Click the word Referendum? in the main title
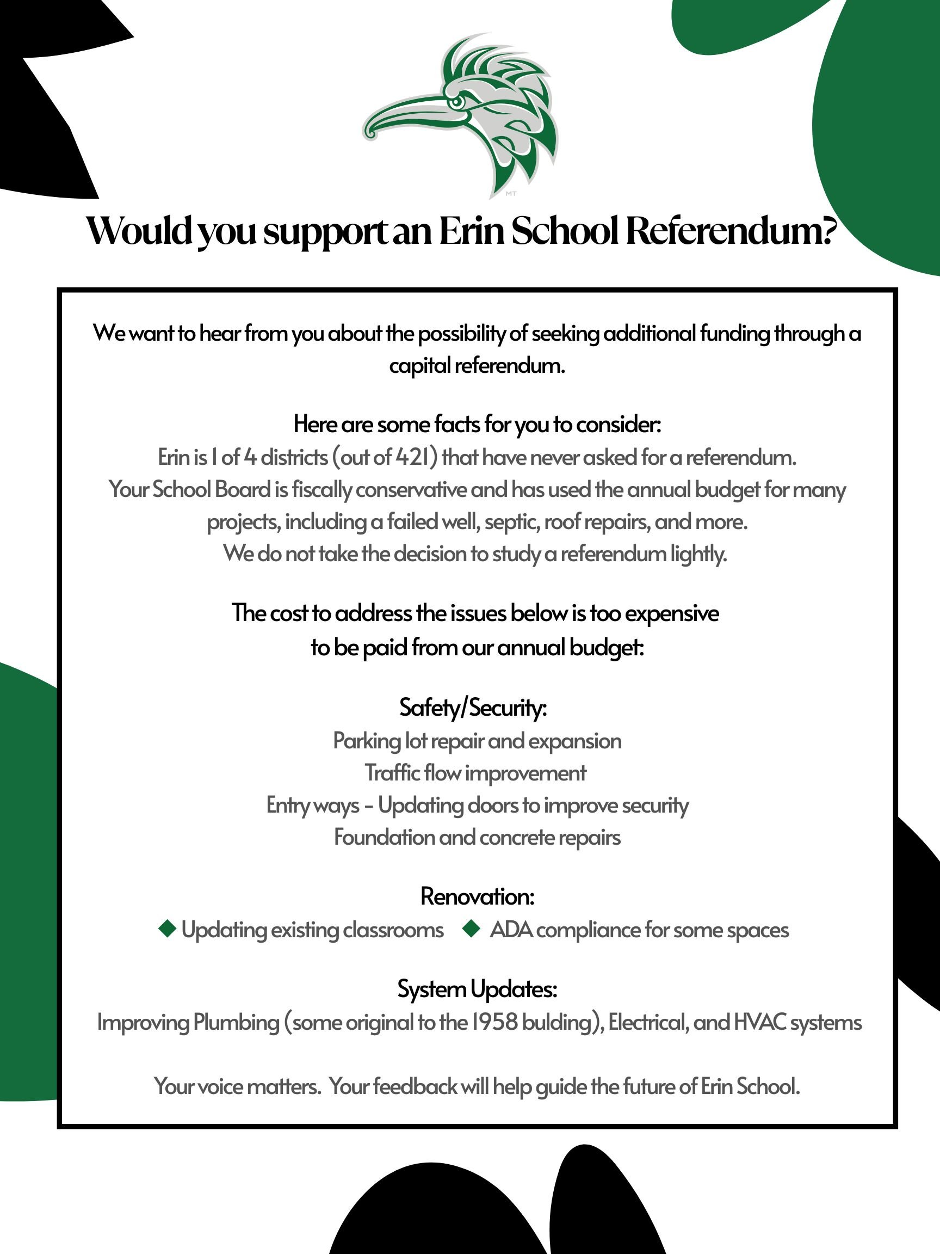pos(731,231)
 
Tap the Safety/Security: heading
pos(473,708)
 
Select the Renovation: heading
pos(477,896)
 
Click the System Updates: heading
pos(477,989)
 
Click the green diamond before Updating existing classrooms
pos(167,929)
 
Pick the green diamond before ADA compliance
pos(472,929)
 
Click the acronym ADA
pos(511,930)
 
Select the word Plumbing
pos(236,1023)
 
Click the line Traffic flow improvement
pos(475,773)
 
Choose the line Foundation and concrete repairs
pos(477,837)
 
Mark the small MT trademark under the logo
pos(510,194)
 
